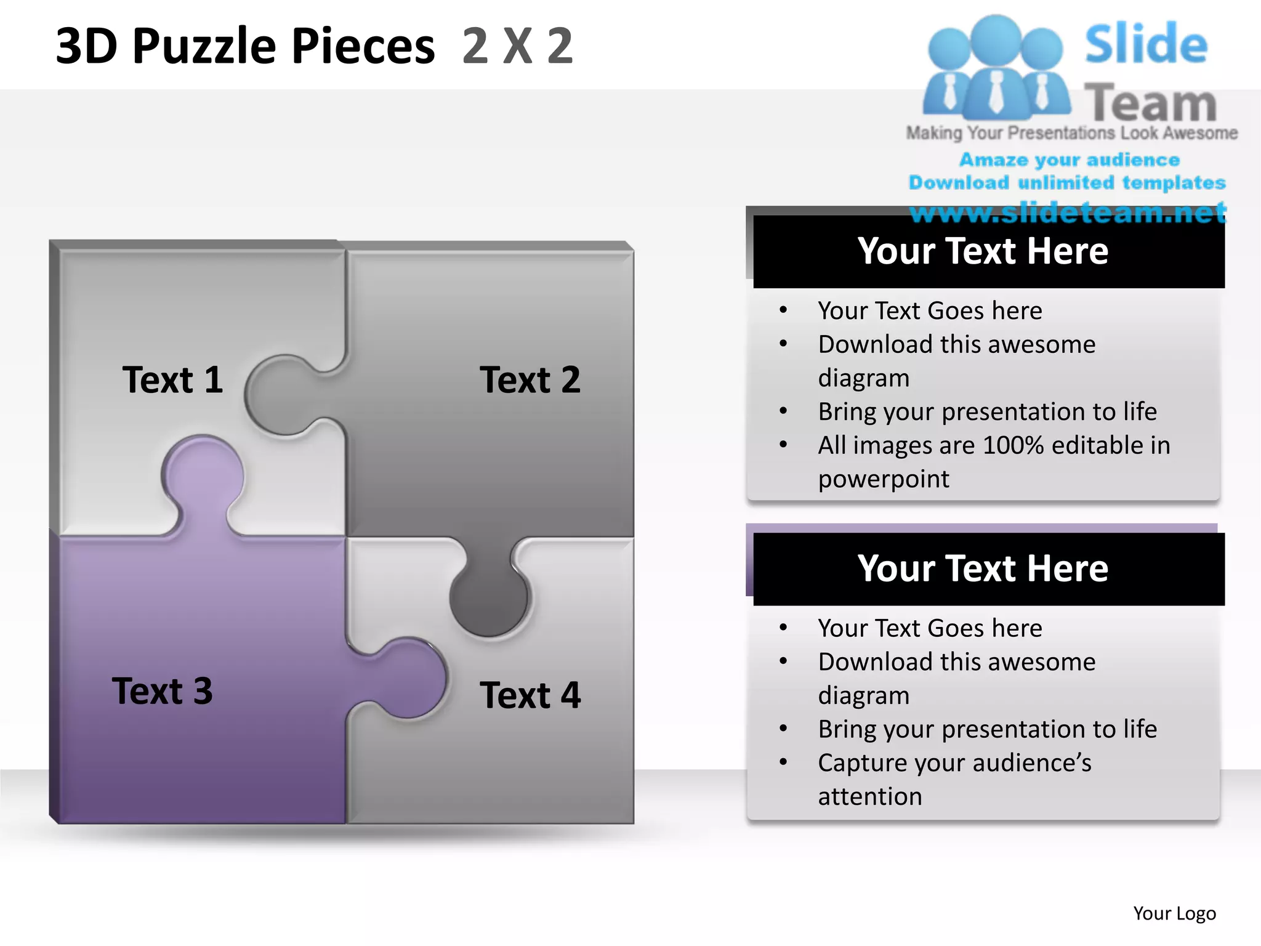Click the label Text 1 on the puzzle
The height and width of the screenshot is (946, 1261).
[x=172, y=379]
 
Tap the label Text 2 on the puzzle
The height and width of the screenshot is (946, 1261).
[x=530, y=379]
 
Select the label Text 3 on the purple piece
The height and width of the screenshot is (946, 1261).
[x=163, y=690]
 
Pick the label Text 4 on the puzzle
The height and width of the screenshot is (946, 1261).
[x=530, y=695]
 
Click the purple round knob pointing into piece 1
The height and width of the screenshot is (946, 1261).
[x=203, y=474]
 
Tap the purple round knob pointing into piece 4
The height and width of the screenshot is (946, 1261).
[x=409, y=677]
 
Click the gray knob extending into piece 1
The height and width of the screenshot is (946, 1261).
[x=280, y=394]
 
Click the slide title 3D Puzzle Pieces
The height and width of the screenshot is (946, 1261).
[x=245, y=46]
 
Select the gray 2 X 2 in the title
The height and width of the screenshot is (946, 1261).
[x=517, y=46]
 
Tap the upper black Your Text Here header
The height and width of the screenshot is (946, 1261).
[x=983, y=251]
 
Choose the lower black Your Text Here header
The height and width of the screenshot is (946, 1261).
[x=983, y=568]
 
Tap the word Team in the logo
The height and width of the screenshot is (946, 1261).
[x=1150, y=103]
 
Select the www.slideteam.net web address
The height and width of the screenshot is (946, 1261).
[x=1068, y=212]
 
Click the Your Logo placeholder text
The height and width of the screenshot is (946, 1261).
[x=1174, y=913]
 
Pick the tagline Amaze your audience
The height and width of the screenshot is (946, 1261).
[x=1070, y=160]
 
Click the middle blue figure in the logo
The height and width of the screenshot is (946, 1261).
[x=996, y=68]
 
